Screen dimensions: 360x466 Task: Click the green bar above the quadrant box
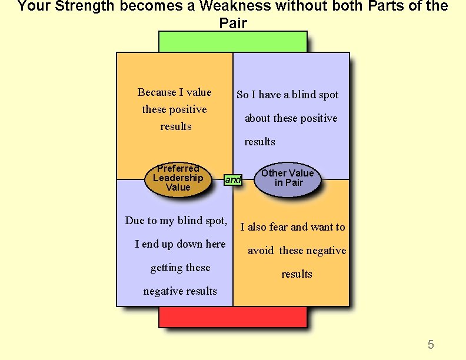[232, 42]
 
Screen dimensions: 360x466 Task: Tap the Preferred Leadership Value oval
[178, 178]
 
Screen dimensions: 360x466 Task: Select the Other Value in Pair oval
[287, 178]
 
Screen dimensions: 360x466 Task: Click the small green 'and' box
[233, 180]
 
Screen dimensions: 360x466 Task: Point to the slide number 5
[431, 345]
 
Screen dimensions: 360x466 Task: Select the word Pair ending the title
[233, 24]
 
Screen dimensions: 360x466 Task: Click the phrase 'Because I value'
[174, 92]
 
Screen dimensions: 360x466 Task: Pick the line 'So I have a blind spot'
[287, 95]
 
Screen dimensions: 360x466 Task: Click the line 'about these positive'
[291, 118]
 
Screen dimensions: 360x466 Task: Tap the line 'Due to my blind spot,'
[176, 221]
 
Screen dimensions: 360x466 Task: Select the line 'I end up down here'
[180, 244]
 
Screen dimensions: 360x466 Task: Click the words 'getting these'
[180, 268]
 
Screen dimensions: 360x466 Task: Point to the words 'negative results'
[180, 291]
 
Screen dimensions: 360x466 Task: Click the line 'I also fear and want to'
[292, 227]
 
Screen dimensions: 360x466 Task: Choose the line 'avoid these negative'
[297, 251]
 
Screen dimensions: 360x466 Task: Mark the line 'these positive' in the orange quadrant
[174, 109]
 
